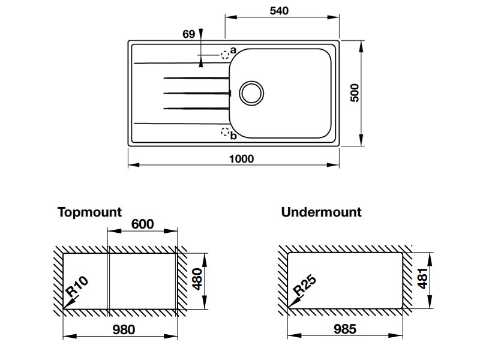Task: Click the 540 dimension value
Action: (x=280, y=11)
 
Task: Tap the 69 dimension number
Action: (x=189, y=34)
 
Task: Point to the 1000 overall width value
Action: (x=241, y=159)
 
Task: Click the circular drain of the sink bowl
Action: (x=251, y=92)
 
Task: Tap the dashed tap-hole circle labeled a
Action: (x=225, y=55)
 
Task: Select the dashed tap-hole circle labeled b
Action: (x=226, y=132)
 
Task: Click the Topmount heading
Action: (x=89, y=212)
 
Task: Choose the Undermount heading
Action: (x=321, y=212)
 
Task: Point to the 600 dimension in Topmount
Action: (x=142, y=224)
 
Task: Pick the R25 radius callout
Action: (x=304, y=287)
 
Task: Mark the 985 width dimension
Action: (x=344, y=329)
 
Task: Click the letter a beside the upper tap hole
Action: (x=233, y=49)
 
